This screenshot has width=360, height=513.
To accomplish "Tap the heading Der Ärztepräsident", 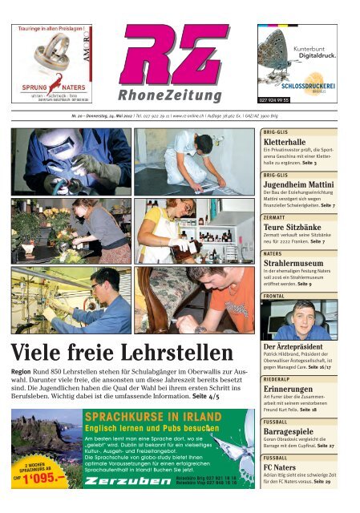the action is click(299, 346).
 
